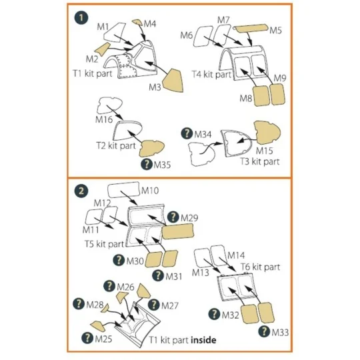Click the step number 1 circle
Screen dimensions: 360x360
tap(81, 18)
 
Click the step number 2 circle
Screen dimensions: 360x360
tap(81, 191)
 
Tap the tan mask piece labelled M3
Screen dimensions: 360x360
tap(173, 81)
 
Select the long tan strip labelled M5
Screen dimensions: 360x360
tap(251, 28)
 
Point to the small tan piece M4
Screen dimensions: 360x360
tap(137, 22)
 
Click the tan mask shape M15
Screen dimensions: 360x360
tap(267, 133)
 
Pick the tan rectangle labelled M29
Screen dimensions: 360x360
tap(178, 231)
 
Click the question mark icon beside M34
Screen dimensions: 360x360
tap(187, 133)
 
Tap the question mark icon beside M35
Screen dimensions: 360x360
tap(147, 164)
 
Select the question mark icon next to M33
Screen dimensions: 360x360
tap(264, 331)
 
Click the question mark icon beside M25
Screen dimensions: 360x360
tap(87, 338)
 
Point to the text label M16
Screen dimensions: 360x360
tap(104, 119)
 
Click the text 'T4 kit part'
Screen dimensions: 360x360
tap(211, 75)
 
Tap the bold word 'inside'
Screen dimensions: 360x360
tap(203, 340)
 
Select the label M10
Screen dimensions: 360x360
tap(150, 191)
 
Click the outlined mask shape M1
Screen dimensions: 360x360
tap(115, 33)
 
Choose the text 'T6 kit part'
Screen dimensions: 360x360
tap(261, 267)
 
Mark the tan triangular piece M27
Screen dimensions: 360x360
tap(143, 291)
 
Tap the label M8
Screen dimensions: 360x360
tap(246, 99)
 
